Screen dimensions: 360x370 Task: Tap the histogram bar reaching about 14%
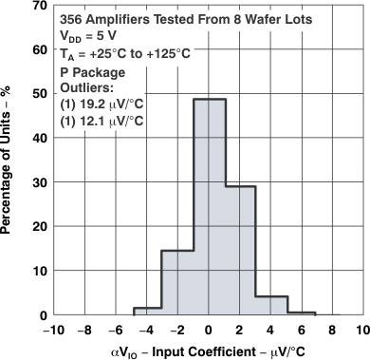[x=177, y=282]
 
